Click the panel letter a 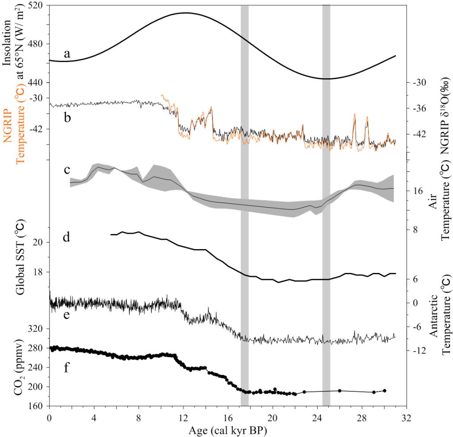pos(67,54)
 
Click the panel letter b pos(67,118)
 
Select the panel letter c pos(67,170)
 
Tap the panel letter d pos(67,238)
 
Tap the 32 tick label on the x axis pos(406,418)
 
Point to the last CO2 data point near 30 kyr pos(384,391)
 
